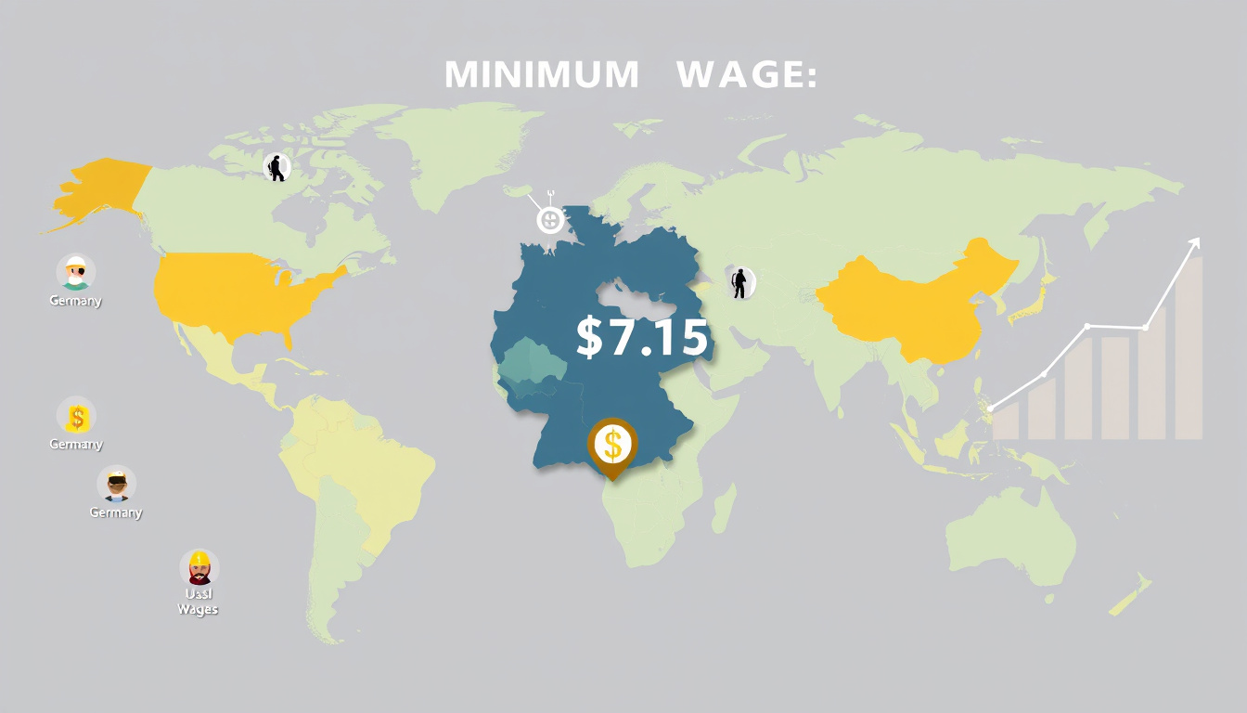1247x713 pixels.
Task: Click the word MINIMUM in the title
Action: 542,74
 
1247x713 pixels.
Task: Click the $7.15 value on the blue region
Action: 642,337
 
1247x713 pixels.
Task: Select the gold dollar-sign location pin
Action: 612,445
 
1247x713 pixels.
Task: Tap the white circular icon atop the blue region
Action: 550,220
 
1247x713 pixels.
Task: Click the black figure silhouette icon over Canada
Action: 276,167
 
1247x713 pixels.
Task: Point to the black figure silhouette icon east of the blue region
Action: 740,282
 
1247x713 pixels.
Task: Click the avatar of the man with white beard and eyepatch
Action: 76,272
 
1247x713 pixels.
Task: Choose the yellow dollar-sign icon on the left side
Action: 76,416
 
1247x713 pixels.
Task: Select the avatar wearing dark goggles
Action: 117,485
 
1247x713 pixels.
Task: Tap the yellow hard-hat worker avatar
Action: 199,566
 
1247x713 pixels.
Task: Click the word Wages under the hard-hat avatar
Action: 198,610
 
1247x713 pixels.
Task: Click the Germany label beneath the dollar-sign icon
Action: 76,445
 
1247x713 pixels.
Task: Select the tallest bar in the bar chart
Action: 1189,348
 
